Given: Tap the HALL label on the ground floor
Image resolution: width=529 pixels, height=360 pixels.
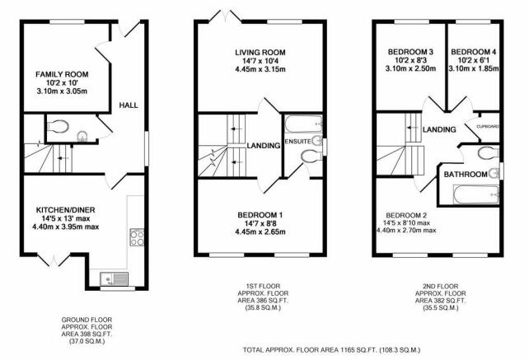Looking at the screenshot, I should (129, 105).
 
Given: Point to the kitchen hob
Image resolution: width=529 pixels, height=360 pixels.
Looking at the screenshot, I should (138, 238).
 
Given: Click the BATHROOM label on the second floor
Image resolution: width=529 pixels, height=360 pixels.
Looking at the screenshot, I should (465, 175).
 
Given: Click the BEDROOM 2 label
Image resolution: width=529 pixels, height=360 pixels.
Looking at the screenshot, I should (410, 210).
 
